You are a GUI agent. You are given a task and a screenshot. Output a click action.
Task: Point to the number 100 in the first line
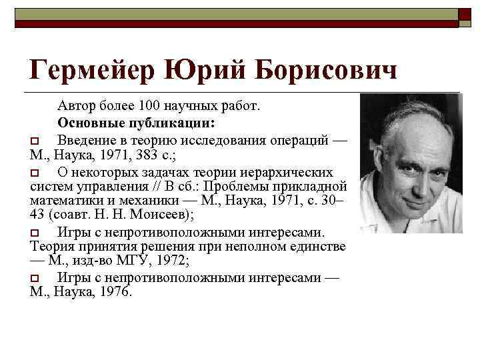[x=150, y=106]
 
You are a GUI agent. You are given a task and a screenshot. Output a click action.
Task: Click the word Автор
[x=76, y=106]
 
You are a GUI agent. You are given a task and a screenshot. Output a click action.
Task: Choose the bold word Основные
[x=87, y=123]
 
